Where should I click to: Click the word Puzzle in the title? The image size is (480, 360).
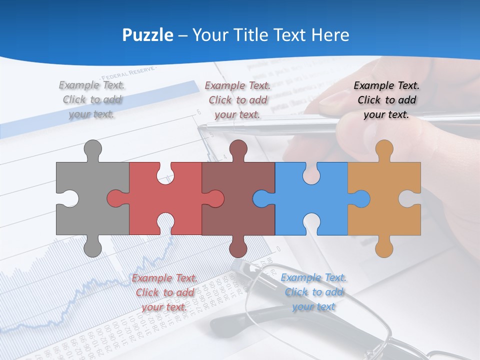148,35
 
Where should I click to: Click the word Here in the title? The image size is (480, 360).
330,35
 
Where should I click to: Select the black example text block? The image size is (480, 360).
386,100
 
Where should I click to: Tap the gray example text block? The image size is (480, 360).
92,99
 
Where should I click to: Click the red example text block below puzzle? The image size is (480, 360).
164,292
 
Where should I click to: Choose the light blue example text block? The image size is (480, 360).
313,292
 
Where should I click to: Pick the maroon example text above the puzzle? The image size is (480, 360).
237,100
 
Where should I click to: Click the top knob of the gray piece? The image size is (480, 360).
92,149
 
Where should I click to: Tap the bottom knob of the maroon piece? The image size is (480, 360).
238,247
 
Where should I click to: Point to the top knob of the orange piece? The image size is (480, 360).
384,149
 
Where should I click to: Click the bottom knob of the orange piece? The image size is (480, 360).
384,247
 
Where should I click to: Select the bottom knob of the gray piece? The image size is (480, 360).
92,247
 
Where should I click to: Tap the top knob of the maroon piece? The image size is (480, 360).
238,149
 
